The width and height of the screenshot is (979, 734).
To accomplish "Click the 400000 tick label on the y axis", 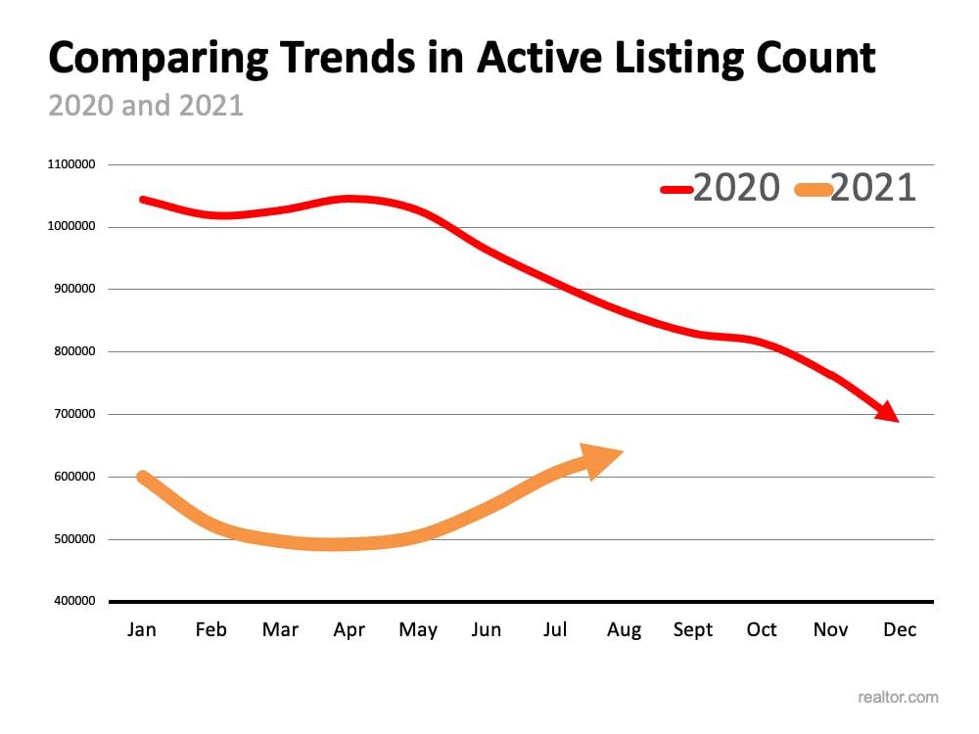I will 71,601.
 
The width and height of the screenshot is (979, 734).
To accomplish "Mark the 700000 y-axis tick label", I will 71,414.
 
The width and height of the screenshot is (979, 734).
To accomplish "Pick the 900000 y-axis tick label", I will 71,289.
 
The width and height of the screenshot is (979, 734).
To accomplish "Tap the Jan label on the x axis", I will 142,629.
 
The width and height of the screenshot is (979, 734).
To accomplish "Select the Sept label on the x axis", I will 692,629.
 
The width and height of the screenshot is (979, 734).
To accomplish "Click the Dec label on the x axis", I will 900,629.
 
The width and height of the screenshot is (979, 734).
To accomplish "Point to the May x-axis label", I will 418,630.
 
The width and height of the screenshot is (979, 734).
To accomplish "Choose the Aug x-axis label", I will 624,630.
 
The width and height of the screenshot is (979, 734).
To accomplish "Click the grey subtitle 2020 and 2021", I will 146,105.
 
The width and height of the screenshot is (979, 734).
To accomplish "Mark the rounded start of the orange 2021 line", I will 143,478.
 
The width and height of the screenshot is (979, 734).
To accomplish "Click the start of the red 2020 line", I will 143,200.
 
